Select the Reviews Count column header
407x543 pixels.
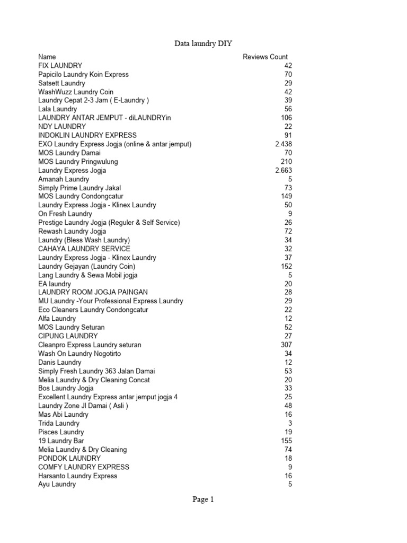[265, 57]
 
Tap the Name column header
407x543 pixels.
[47, 57]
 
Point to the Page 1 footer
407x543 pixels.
[203, 499]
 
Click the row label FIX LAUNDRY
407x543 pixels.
[60, 66]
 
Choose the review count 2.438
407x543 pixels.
[284, 144]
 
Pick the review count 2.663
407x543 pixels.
[284, 170]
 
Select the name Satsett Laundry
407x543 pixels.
[61, 83]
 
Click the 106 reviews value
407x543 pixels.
[286, 118]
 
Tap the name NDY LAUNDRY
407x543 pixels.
[62, 127]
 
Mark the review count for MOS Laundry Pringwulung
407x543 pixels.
[286, 162]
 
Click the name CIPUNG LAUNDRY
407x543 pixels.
[68, 336]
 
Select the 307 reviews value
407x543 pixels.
[286, 345]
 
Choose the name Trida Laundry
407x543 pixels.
[59, 423]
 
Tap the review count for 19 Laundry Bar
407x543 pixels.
[286, 441]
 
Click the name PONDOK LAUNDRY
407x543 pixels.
[69, 458]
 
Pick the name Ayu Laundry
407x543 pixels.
[57, 484]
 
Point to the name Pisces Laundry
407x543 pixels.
[61, 432]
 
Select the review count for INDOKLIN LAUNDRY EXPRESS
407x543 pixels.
[288, 135]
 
